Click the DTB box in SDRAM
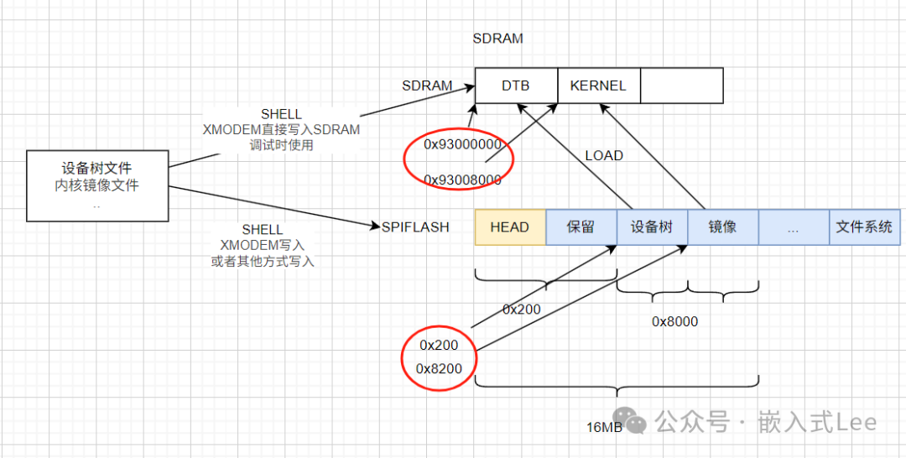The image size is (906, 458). [x=516, y=86]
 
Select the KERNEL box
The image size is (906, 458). [x=598, y=86]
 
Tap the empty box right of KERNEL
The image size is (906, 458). [x=680, y=86]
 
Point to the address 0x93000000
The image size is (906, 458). [x=462, y=144]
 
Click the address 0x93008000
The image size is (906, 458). [x=462, y=180]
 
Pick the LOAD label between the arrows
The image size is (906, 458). [x=604, y=156]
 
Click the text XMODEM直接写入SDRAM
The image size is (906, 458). [x=281, y=129]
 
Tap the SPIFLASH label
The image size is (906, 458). [x=415, y=226]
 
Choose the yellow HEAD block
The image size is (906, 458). [x=510, y=226]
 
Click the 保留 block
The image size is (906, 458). [x=581, y=226]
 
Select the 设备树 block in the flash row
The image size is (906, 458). [x=652, y=226]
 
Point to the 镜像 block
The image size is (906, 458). [x=722, y=226]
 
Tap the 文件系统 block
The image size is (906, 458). [x=864, y=226]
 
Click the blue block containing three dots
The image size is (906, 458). [x=794, y=226]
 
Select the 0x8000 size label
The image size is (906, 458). [x=674, y=321]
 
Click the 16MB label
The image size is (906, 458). [x=604, y=427]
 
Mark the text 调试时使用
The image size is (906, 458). [x=281, y=144]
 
